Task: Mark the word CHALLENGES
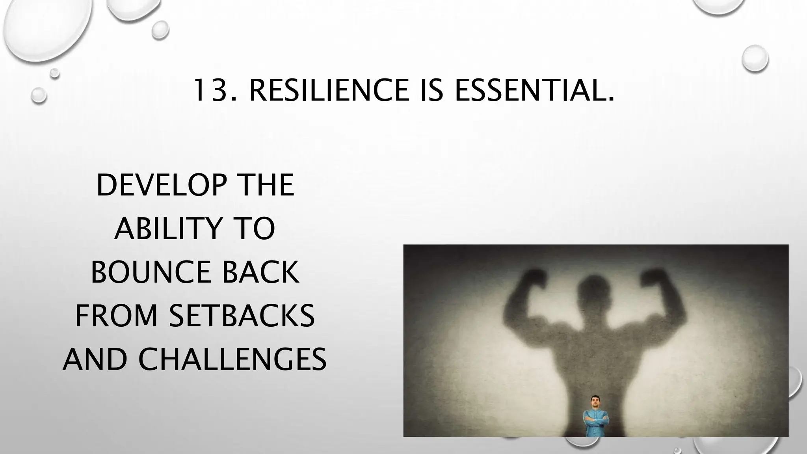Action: pyautogui.click(x=232, y=359)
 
